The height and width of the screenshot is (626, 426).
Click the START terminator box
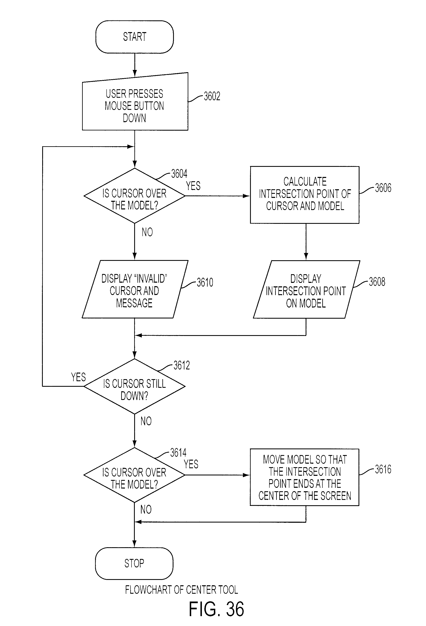click(134, 37)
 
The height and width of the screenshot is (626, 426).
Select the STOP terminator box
click(134, 563)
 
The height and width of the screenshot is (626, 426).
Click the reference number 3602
click(212, 96)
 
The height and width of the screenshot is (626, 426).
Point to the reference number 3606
click(383, 188)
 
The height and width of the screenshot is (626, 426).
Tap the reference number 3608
click(377, 281)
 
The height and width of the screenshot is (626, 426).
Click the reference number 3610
click(205, 282)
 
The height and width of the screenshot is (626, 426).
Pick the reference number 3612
click(182, 365)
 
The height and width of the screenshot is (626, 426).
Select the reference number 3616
click(383, 469)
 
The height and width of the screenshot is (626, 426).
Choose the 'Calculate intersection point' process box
click(305, 195)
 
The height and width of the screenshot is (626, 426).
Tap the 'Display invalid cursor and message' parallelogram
click(135, 289)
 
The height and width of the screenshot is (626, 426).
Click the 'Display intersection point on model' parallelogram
click(306, 289)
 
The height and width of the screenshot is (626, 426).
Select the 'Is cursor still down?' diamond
click(134, 386)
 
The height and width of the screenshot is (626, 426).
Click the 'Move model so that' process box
click(305, 477)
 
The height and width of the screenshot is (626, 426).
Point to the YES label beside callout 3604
click(193, 186)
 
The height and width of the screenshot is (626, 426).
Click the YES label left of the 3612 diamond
click(78, 377)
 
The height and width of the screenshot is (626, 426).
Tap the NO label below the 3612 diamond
click(146, 421)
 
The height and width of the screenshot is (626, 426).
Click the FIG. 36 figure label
click(216, 609)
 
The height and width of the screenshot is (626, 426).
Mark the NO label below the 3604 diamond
click(147, 232)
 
